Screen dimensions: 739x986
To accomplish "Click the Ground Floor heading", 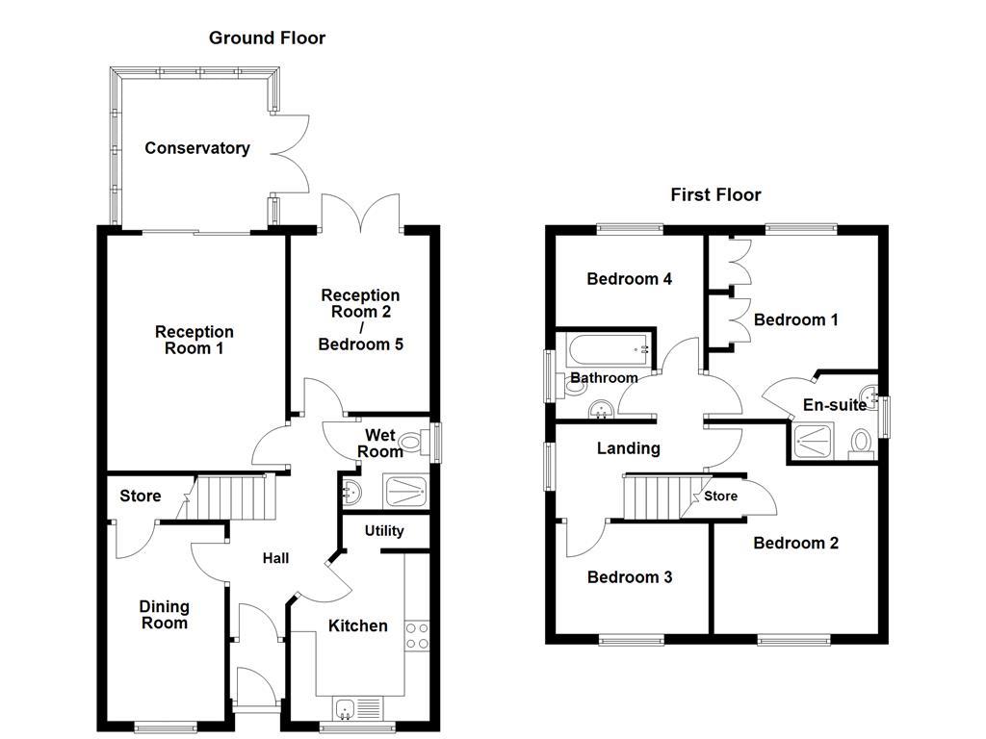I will tap(267, 38).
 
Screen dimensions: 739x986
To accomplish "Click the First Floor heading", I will tap(715, 195).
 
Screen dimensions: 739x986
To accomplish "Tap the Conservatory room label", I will tap(196, 148).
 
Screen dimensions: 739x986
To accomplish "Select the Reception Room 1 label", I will tap(194, 340).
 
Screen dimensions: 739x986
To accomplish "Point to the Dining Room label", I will tap(164, 615).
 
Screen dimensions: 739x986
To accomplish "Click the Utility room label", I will tap(384, 531).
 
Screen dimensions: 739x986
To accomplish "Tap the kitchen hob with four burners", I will tap(417, 636).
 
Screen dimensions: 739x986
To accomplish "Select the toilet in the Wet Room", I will tap(413, 444).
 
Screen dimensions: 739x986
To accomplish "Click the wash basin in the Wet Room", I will tap(352, 492).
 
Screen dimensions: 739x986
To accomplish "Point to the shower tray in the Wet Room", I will tap(405, 491).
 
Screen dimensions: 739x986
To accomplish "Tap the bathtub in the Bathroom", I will tap(606, 348).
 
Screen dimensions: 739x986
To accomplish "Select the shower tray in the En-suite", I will tap(817, 443).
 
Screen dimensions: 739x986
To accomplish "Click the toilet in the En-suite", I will tap(860, 443).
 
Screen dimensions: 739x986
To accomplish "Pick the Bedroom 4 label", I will tap(629, 280).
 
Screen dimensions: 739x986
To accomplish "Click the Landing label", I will tap(628, 448).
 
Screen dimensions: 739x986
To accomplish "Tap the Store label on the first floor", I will tap(720, 497).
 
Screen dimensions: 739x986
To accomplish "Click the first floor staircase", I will tap(655, 497).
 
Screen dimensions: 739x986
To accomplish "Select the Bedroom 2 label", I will tap(795, 544).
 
